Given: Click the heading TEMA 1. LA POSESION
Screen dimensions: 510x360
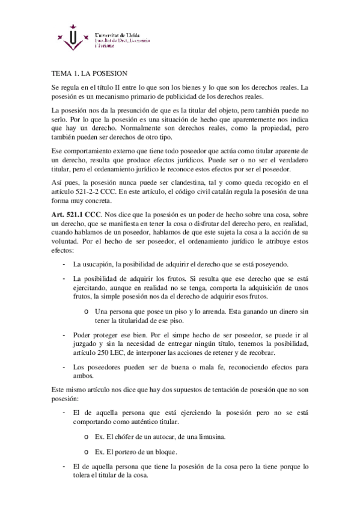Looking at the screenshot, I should [88, 73].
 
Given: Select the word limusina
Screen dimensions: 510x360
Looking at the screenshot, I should [192, 436].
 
